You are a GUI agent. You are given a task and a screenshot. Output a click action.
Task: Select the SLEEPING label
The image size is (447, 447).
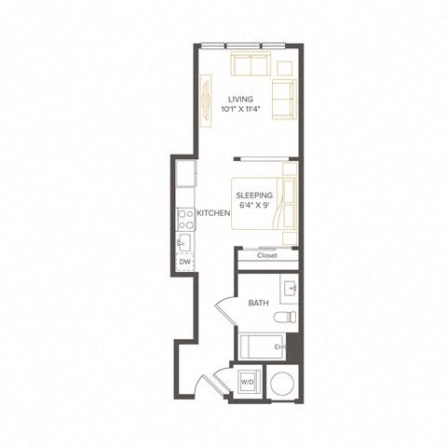coord(253,196)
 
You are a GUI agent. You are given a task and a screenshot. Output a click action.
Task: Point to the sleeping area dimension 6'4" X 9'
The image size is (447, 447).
coord(253,206)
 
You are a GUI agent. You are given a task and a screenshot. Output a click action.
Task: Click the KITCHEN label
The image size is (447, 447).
coord(214,214)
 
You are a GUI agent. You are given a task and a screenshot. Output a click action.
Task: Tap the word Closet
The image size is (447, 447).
coord(268,255)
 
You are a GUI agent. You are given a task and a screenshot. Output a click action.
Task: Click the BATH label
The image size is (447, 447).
coord(258,304)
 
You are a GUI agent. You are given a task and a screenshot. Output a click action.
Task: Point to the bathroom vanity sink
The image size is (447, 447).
coord(289,288)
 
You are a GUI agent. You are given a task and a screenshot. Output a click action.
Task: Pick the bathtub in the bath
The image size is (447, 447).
coord(262,348)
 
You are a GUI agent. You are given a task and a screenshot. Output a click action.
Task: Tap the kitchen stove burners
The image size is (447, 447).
coord(184,220)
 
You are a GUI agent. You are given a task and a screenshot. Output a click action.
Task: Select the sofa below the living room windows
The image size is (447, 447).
coord(251,66)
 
